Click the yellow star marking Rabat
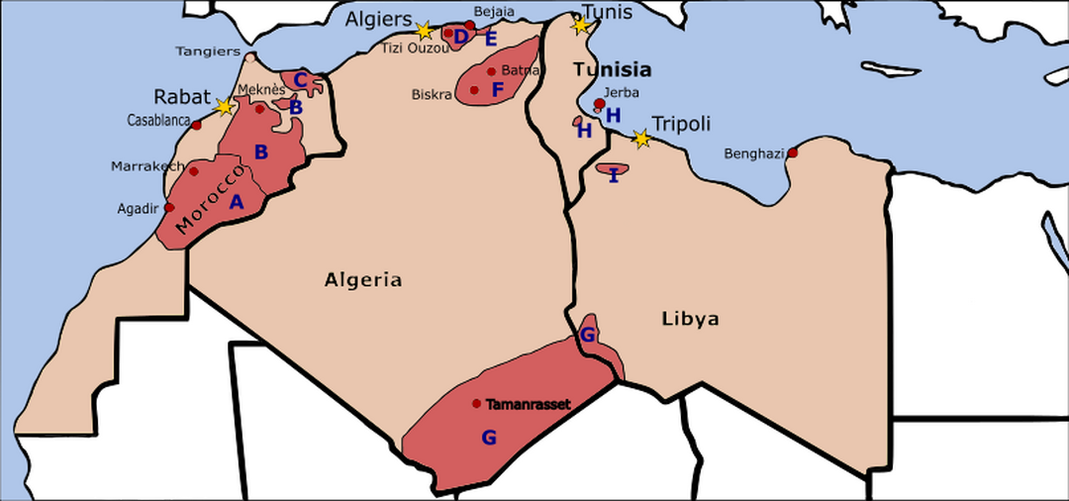[x=225, y=105]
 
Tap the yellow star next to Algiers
[x=424, y=31]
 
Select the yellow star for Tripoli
[x=641, y=140]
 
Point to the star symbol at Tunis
[x=581, y=26]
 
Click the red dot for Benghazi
[x=793, y=152]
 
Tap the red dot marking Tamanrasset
[x=477, y=403]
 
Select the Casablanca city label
[x=158, y=120]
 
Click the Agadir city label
[x=138, y=208]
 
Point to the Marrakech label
[x=147, y=165]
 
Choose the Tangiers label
[x=208, y=50]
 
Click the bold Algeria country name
[x=363, y=280]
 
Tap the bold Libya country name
[x=690, y=319]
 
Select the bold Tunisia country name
[x=613, y=69]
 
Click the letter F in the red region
[x=498, y=90]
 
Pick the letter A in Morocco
[x=236, y=201]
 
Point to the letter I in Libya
[x=614, y=175]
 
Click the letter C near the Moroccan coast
[x=300, y=80]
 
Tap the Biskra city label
[x=432, y=95]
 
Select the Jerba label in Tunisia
[x=628, y=92]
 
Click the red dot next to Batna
[x=491, y=71]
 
